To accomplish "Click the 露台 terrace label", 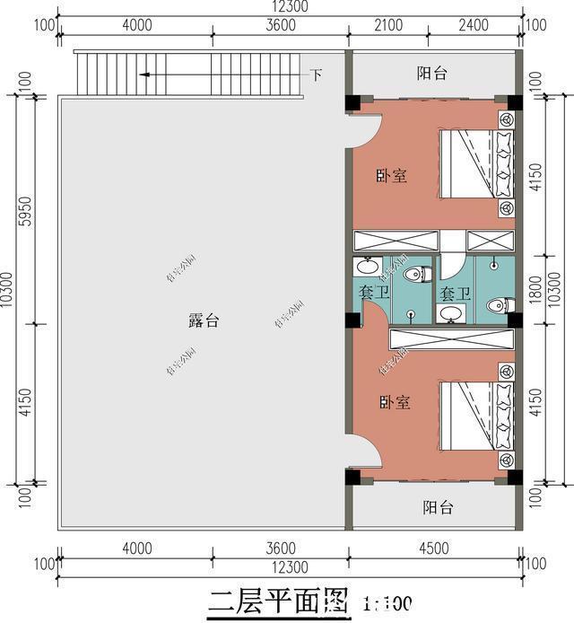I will click(x=203, y=321).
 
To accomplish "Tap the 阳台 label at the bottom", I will click(x=438, y=508).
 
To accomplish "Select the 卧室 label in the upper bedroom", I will click(x=391, y=176).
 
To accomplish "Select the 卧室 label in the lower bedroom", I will click(x=394, y=403).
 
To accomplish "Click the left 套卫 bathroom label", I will click(x=374, y=293).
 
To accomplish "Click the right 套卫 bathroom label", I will click(x=456, y=293).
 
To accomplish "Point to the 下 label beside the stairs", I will click(x=316, y=75).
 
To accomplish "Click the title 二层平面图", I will click(x=277, y=601).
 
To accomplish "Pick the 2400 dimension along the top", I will click(x=473, y=25).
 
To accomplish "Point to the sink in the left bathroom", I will click(x=366, y=267).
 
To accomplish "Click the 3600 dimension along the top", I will click(x=281, y=25).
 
